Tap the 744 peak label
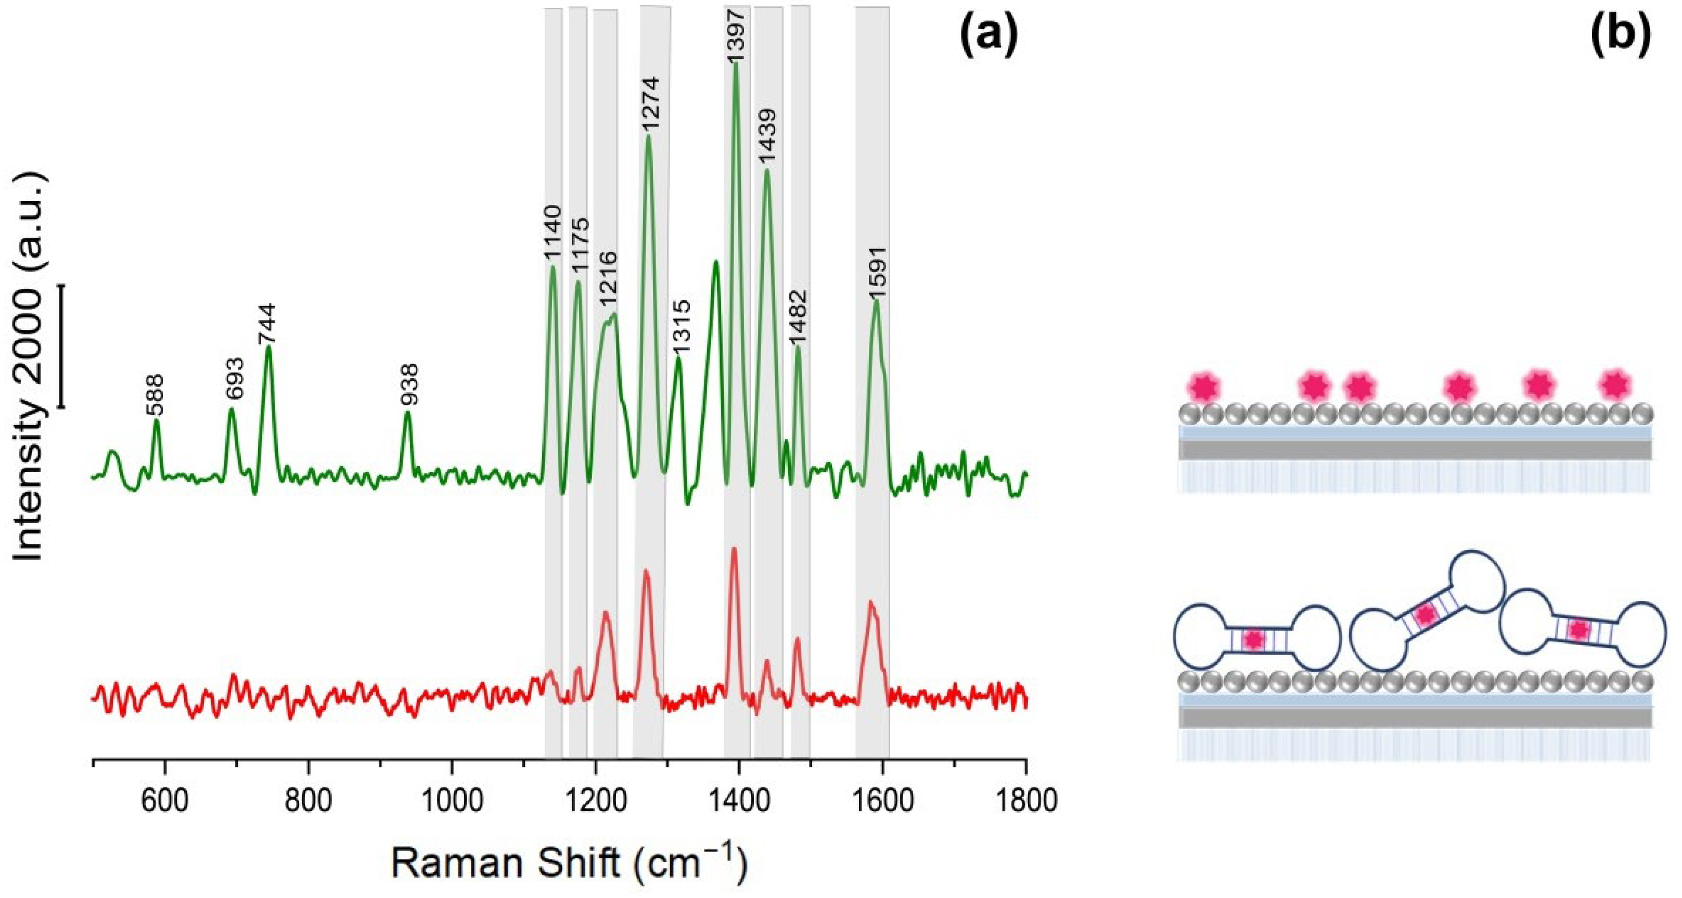point(268,323)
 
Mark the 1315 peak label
point(681,327)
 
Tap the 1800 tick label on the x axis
point(1026,801)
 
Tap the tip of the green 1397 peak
point(736,63)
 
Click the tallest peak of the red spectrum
point(734,549)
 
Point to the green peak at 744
point(268,349)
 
